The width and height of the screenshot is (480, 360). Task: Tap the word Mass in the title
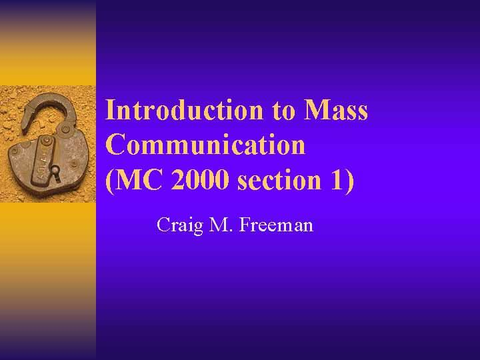click(335, 110)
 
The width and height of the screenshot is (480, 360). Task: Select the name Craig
click(177, 225)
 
